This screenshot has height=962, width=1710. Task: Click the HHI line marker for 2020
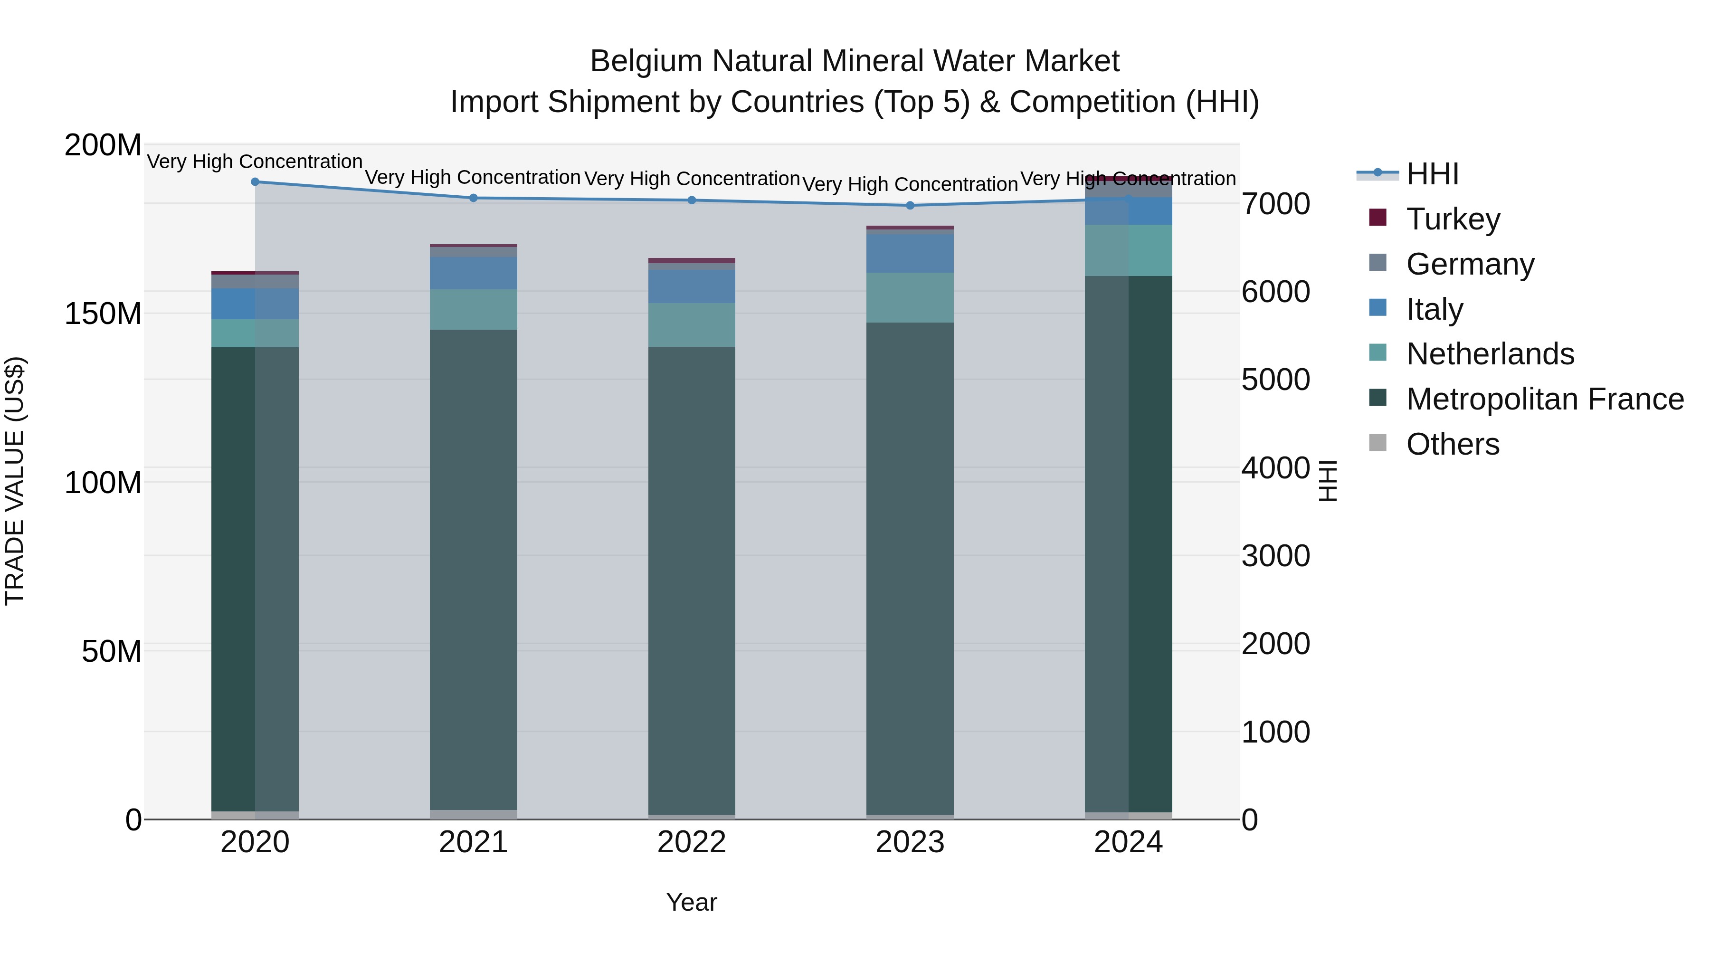255,181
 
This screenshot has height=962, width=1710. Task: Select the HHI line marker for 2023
910,205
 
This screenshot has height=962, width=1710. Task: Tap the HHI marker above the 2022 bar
692,200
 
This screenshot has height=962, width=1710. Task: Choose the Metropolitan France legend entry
1544,399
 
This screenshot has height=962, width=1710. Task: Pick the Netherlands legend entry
1490,354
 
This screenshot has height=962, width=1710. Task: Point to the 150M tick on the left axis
103,314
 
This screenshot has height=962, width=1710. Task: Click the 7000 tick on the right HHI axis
1275,204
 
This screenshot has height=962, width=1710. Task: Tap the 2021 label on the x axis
473,842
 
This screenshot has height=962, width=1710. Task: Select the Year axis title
692,902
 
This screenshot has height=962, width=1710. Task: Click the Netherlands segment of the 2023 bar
910,297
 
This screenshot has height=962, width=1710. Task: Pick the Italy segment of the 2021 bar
473,273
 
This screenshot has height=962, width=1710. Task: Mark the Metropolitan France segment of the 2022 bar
692,578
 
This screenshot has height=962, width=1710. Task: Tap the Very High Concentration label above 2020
255,162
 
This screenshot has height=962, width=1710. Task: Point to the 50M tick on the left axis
112,651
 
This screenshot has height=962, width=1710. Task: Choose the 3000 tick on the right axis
1275,556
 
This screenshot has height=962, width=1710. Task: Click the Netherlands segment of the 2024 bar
1129,250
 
